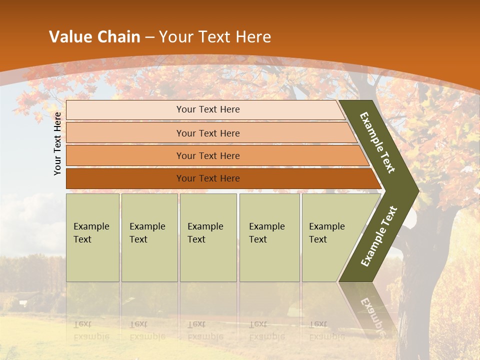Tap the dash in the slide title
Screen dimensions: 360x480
click(149, 37)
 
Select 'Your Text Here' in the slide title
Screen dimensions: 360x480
click(215, 37)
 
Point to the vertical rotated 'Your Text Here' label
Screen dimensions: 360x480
click(57, 143)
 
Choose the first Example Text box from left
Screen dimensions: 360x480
click(92, 237)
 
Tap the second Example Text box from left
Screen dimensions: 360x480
click(149, 237)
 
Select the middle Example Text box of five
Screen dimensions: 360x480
click(208, 237)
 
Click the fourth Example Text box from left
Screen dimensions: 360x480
click(269, 237)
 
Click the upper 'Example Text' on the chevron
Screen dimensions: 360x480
click(377, 142)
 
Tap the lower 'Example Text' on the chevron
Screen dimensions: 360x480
click(379, 236)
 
